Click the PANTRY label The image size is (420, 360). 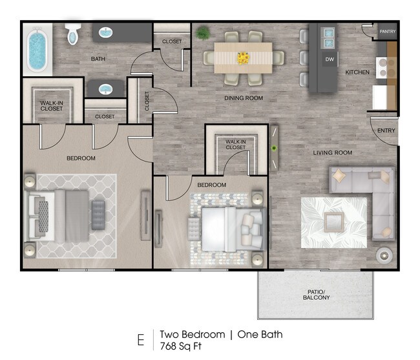(x=387, y=32)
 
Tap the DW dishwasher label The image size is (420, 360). (x=330, y=59)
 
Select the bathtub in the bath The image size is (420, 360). (x=37, y=50)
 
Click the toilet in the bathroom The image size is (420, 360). (x=73, y=34)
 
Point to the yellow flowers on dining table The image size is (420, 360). (x=243, y=58)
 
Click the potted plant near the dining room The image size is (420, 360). (x=203, y=33)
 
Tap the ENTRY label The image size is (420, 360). (x=386, y=131)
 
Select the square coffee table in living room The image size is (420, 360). (x=334, y=222)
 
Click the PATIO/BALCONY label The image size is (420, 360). (x=316, y=295)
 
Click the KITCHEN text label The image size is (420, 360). (x=357, y=72)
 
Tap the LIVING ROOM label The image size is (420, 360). (x=332, y=153)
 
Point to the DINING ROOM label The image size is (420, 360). (x=244, y=98)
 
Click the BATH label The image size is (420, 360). (x=98, y=59)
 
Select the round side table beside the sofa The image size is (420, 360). (x=384, y=256)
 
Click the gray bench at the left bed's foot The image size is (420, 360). (x=98, y=215)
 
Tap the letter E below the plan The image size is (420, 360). (x=141, y=340)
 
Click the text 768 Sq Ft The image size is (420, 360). (x=180, y=346)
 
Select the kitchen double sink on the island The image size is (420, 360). (x=328, y=38)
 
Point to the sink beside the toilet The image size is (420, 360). (x=106, y=32)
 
